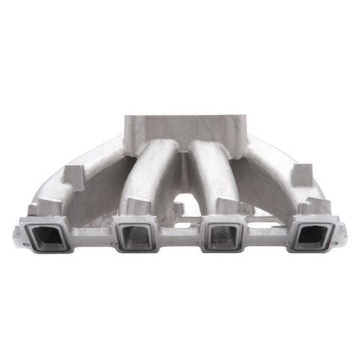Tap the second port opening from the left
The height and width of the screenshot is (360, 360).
coord(136,236)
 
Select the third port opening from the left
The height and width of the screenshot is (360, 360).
coord(224,236)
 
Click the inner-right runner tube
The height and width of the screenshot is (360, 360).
coord(210,165)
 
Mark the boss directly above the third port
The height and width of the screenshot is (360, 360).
coord(225,206)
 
